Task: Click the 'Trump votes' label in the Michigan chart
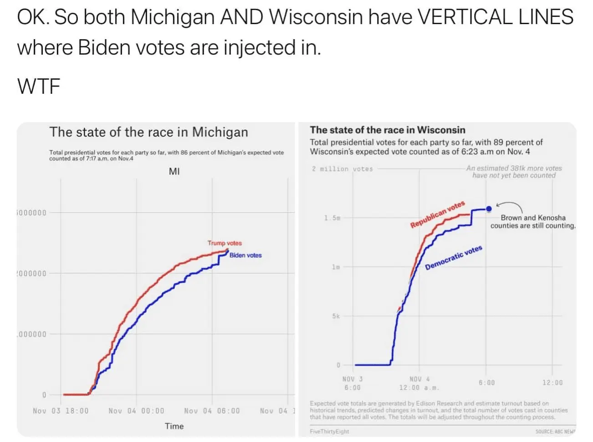click(x=225, y=243)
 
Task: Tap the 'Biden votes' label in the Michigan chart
click(x=245, y=255)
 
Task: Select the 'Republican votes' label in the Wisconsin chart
click(x=437, y=214)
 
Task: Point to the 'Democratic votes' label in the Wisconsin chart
click(x=453, y=258)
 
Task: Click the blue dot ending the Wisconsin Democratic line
click(x=489, y=209)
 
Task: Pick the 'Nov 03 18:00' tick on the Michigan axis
click(x=61, y=411)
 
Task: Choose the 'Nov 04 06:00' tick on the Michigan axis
click(x=212, y=411)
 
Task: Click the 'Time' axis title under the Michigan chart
click(x=174, y=427)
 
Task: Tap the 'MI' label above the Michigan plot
click(x=174, y=172)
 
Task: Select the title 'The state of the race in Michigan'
click(x=148, y=132)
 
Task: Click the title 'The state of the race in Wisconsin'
click(x=388, y=130)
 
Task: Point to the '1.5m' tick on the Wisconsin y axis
click(x=332, y=218)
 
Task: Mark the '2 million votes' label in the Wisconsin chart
click(x=342, y=169)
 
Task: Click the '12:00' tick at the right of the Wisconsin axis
click(x=552, y=383)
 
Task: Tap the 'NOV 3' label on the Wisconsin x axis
click(x=353, y=379)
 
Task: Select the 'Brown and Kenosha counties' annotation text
click(x=533, y=222)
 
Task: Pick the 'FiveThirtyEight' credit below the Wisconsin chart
click(x=329, y=432)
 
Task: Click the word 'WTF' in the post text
click(x=39, y=86)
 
